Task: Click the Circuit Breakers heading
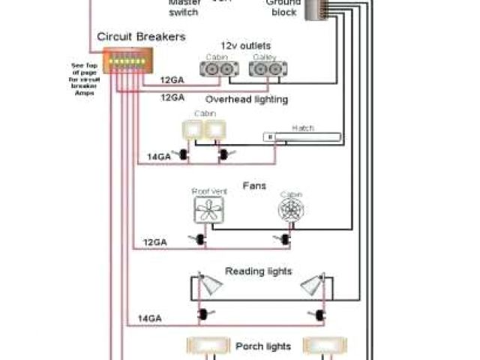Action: pos(141,36)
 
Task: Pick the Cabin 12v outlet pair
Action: pos(219,68)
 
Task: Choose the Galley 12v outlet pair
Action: pos(268,68)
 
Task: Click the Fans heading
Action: pos(250,183)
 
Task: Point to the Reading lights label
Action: pos(258,271)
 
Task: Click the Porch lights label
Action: pos(262,346)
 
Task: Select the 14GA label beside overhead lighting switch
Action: pos(159,157)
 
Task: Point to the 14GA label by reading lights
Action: pos(150,319)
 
